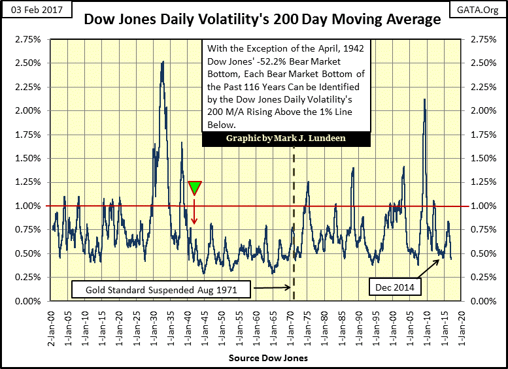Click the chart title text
pyautogui.click(x=262, y=20)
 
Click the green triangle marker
pyautogui.click(x=195, y=187)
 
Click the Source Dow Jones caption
pyautogui.click(x=260, y=359)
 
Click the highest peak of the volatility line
pyautogui.click(x=163, y=62)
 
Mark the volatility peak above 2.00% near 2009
pyautogui.click(x=425, y=99)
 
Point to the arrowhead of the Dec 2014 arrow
pyautogui.click(x=439, y=259)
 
